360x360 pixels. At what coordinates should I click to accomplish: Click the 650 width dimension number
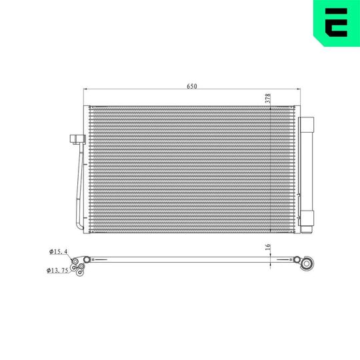[192, 86]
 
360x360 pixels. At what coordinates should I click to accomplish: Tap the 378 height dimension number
[267, 98]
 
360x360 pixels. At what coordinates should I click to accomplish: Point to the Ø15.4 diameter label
[59, 251]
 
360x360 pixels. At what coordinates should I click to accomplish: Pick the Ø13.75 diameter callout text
[61, 270]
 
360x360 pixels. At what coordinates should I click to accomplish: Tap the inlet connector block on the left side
[75, 140]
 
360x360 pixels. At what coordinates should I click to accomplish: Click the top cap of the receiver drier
[308, 123]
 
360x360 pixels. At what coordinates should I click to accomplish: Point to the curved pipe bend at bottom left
[80, 225]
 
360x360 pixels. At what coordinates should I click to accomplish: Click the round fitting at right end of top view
[308, 264]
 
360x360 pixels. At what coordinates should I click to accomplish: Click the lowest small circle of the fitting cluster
[80, 271]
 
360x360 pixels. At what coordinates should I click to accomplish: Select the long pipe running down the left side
[80, 187]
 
